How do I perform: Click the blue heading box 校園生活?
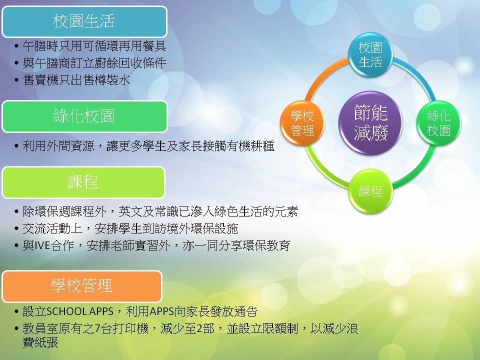click(x=84, y=21)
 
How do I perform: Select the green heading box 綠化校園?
click(x=84, y=116)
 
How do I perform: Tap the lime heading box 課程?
click(x=83, y=182)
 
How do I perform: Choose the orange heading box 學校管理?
click(x=81, y=286)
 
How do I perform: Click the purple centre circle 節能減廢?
click(x=370, y=123)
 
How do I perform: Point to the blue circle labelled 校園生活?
click(x=370, y=55)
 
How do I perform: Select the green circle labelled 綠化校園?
click(x=438, y=123)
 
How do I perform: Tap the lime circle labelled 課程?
click(x=370, y=191)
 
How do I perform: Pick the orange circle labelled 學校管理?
click(x=302, y=123)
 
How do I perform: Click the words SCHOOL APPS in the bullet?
click(x=79, y=311)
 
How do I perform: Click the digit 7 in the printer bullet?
click(x=97, y=329)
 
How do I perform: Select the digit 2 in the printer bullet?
click(x=199, y=329)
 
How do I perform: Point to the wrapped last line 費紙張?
click(x=40, y=342)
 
